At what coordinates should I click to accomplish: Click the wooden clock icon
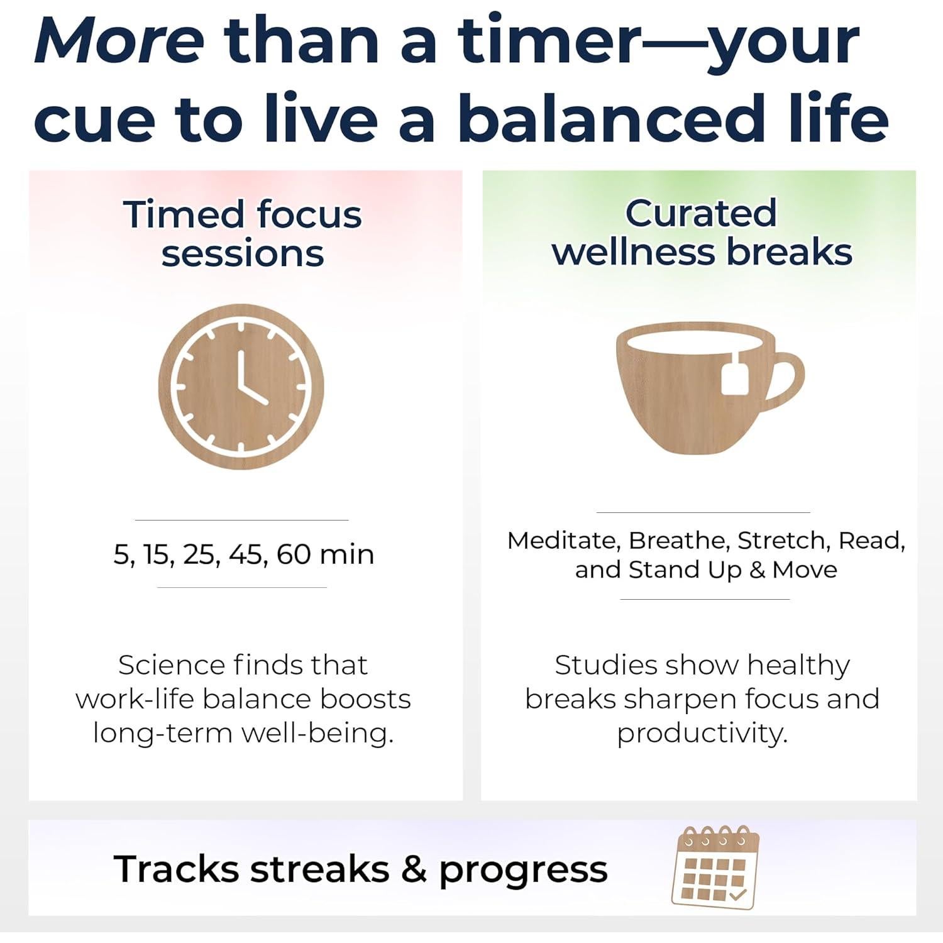tap(241, 386)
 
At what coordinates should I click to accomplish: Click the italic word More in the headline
tap(119, 41)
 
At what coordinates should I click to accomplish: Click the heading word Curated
tap(700, 213)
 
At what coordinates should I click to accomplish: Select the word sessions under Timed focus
tap(243, 254)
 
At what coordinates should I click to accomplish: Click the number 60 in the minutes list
tap(293, 554)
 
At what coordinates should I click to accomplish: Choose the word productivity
tap(702, 733)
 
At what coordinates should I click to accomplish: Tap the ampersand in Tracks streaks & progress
tap(414, 869)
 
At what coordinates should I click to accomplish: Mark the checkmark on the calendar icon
tap(738, 893)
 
